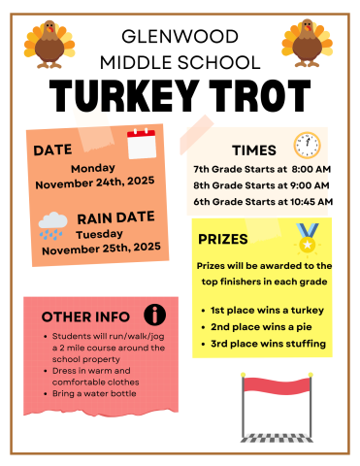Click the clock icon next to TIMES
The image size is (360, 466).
pos(307,145)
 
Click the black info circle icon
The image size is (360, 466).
pos(154,314)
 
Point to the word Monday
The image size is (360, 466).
pos(92,167)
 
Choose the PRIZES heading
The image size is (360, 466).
pos(223,238)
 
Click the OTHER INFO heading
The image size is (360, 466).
pos(85,316)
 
